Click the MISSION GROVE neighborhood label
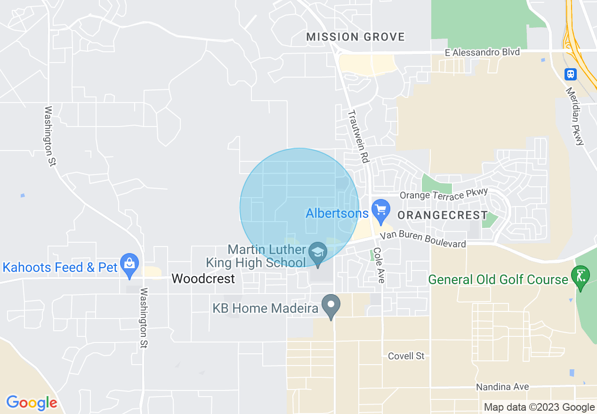point(355,37)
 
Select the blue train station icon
point(571,74)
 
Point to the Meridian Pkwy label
point(575,116)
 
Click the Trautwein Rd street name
point(358,136)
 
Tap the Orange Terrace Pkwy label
point(444,195)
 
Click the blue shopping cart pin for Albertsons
point(380,210)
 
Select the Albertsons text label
point(337,214)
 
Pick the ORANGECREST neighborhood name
point(443,215)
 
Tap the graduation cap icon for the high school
point(318,253)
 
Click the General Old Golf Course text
point(498,280)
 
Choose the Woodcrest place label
point(203,279)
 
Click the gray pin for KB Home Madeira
point(331,305)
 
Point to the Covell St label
point(406,356)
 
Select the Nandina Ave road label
point(502,387)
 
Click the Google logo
point(32,403)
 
